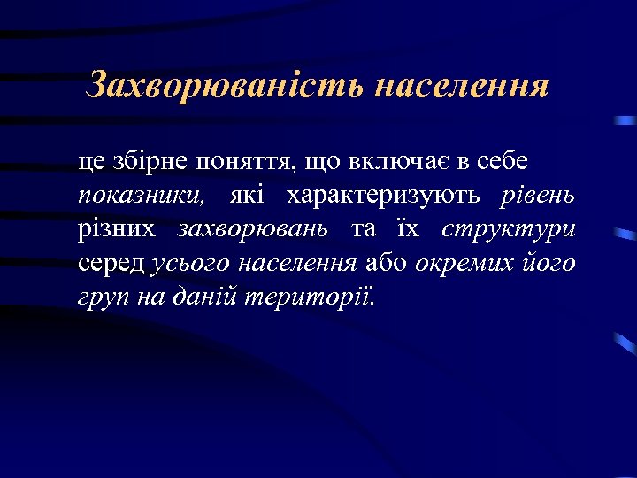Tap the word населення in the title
(461, 87)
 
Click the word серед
(112, 263)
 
